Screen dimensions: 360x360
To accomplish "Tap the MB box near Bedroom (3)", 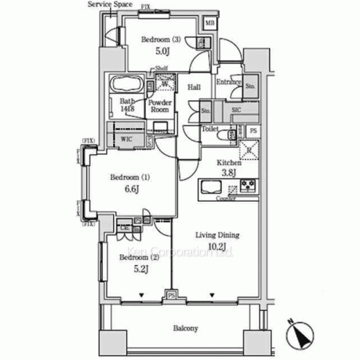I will pyautogui.click(x=210, y=24).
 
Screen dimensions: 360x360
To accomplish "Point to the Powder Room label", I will pyautogui.click(x=159, y=107).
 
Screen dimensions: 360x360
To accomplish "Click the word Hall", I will pyautogui.click(x=194, y=87).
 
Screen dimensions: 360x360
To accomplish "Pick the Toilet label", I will pyautogui.click(x=210, y=130).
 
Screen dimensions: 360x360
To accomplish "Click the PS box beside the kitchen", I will pyautogui.click(x=253, y=131).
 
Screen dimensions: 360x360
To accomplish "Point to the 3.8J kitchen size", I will pyautogui.click(x=228, y=172).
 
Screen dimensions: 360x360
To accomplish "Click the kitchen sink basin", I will pyautogui.click(x=215, y=187).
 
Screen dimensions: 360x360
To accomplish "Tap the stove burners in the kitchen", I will pyautogui.click(x=248, y=186).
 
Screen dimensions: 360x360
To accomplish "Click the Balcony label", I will pyautogui.click(x=186, y=328).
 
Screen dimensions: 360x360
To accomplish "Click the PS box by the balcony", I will pyautogui.click(x=171, y=295).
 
